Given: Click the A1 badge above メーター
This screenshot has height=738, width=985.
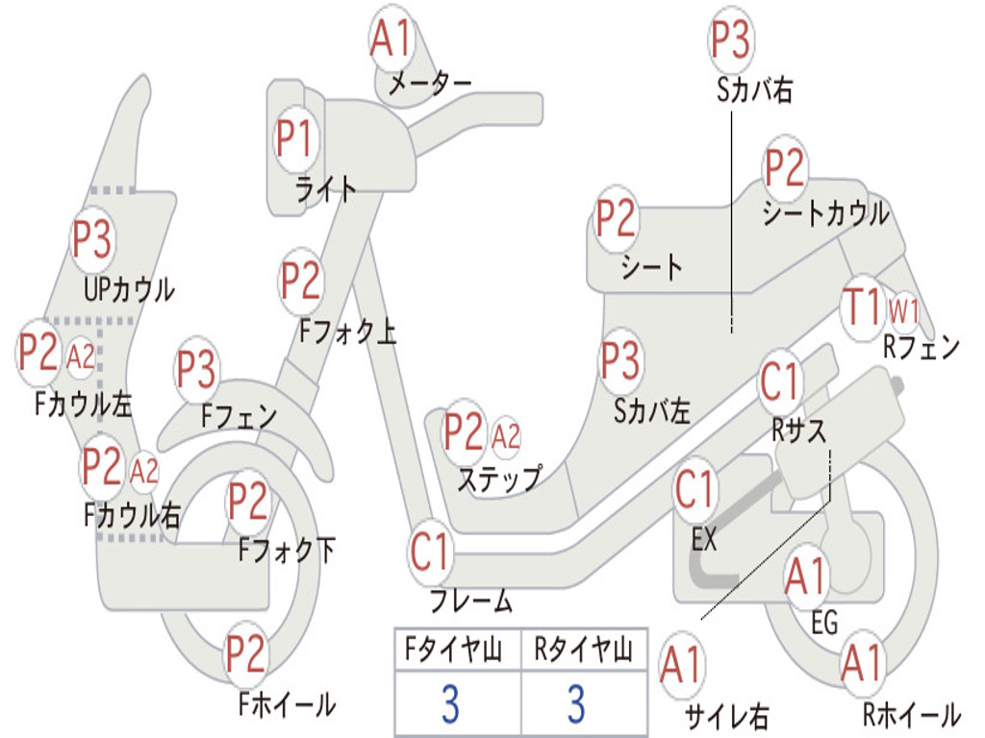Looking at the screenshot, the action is pos(391,37).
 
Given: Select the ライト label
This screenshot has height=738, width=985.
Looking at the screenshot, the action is pos(325,189).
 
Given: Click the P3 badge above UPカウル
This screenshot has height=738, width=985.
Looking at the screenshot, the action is pos(92,239).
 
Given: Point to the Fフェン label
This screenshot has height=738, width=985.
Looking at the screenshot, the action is pos(239,415).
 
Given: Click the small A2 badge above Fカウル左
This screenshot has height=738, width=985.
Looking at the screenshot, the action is pos(81,357).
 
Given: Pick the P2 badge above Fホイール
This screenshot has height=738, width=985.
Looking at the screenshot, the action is pos(246,654).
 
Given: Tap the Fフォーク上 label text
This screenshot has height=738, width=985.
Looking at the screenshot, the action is pos(347,332).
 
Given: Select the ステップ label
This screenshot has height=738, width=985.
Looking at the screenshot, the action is pos(500,479).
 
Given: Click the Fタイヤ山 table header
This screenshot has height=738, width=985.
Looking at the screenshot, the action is pos(454,650).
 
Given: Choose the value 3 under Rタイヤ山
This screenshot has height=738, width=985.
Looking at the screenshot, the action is pos(577,703).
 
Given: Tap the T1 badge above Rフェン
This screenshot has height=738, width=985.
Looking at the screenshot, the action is pos(863,307).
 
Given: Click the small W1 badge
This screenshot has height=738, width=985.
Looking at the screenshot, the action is pos(903,310).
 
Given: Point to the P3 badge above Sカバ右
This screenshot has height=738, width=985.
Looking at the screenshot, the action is pos(731,38).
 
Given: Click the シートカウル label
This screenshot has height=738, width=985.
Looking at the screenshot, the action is pos(825,213).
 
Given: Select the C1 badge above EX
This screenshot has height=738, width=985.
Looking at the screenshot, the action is pos(695,489).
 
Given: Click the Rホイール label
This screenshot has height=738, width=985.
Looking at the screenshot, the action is pos(912,714).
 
